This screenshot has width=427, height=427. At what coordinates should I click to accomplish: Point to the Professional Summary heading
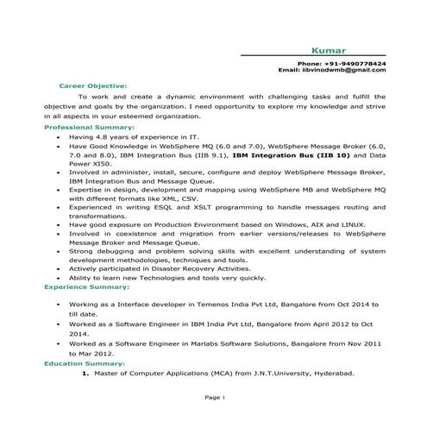(89, 128)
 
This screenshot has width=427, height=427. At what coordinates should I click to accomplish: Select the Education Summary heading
(85, 364)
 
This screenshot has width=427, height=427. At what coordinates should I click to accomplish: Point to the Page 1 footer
(214, 399)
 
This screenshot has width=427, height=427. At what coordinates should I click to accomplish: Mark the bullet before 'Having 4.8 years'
(57, 136)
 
